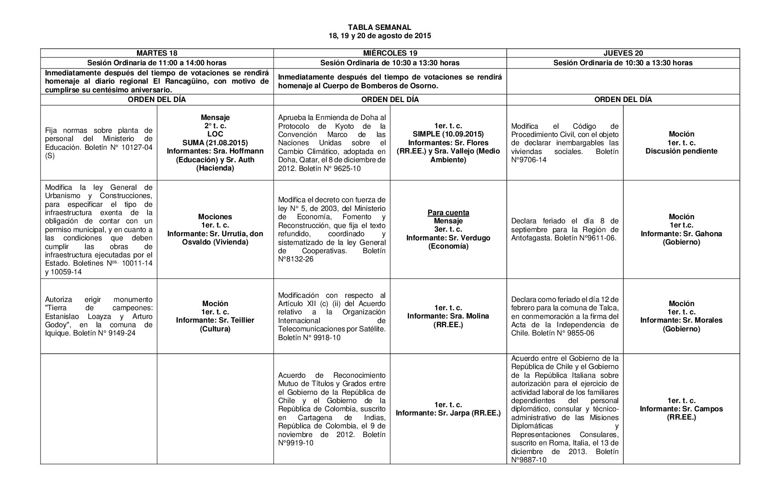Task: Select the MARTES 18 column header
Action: pyautogui.click(x=157, y=53)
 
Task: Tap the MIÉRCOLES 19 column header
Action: pyautogui.click(x=389, y=53)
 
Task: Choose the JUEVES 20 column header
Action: pyautogui.click(x=623, y=53)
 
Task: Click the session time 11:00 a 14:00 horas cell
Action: pyautogui.click(x=157, y=62)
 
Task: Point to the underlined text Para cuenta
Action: pyautogui.click(x=448, y=212)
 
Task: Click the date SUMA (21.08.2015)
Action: pyautogui.click(x=215, y=142)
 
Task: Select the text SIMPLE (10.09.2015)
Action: pyautogui.click(x=448, y=134)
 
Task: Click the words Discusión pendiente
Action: pyautogui.click(x=681, y=151)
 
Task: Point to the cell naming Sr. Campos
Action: pyautogui.click(x=681, y=409)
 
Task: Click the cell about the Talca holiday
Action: pyautogui.click(x=565, y=316)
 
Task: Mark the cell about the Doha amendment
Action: pyautogui.click(x=332, y=143)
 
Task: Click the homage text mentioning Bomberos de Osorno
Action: pyautogui.click(x=389, y=81)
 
